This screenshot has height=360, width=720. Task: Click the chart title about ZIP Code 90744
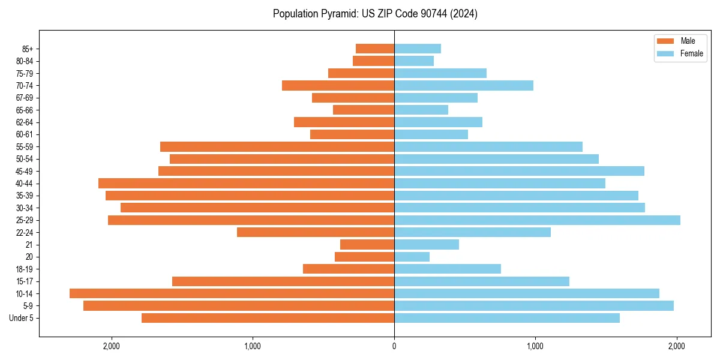pyautogui.click(x=375, y=14)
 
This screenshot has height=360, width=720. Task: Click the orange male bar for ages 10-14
pyautogui.click(x=232, y=293)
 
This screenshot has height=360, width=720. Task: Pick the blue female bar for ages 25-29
pyautogui.click(x=537, y=220)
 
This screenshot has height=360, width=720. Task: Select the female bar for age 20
pyautogui.click(x=412, y=257)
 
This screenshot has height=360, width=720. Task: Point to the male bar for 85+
pyautogui.click(x=375, y=49)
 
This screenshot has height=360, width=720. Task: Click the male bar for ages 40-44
pyautogui.click(x=246, y=184)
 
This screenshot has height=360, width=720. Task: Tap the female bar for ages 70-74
pyautogui.click(x=464, y=85)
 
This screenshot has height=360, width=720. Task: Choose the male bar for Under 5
pyautogui.click(x=268, y=318)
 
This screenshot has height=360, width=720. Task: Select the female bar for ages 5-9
pyautogui.click(x=534, y=306)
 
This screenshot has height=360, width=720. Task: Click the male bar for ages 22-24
pyautogui.click(x=316, y=232)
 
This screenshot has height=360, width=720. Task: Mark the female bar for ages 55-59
pyautogui.click(x=488, y=147)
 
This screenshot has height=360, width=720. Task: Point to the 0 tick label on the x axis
pyautogui.click(x=394, y=346)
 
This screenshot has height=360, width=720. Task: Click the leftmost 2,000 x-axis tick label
pyautogui.click(x=112, y=346)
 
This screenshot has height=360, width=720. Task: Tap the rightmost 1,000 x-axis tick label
pyautogui.click(x=535, y=346)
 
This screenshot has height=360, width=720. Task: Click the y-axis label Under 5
pyautogui.click(x=22, y=318)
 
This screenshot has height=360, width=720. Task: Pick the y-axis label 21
pyautogui.click(x=29, y=245)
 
